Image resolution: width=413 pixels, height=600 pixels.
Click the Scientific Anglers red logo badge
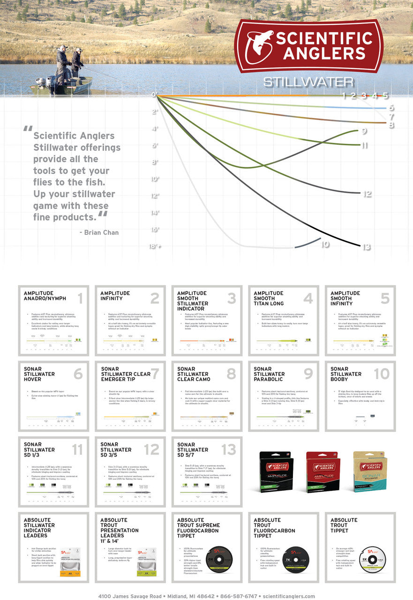coord(308,45)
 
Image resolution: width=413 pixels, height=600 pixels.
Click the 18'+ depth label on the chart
coord(156,247)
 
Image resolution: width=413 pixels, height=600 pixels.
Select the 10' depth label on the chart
coord(155,179)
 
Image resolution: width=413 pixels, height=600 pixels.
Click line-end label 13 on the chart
coord(367,247)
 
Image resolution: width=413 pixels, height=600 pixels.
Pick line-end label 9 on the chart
coord(364,132)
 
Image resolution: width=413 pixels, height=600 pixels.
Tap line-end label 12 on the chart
coord(367,194)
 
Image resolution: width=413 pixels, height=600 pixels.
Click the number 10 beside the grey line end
coord(325,244)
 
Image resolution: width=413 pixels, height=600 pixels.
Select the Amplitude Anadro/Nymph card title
coord(45,296)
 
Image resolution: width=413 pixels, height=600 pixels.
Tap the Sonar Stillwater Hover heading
coord(39,374)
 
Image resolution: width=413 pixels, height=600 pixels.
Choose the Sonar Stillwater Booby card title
coord(346,374)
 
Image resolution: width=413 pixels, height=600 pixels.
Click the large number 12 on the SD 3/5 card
coord(152,450)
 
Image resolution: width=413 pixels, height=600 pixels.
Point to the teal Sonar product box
coord(369,471)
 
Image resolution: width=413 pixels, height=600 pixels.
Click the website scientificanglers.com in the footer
coord(289,596)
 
